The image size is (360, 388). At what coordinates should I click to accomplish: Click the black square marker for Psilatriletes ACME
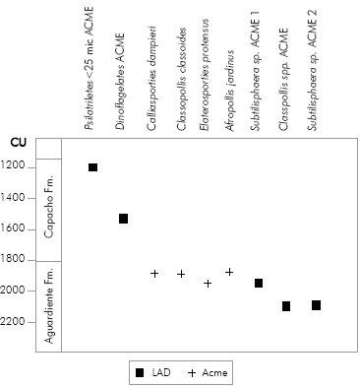pyautogui.click(x=93, y=167)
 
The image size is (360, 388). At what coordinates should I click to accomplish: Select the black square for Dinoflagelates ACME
pyautogui.click(x=124, y=219)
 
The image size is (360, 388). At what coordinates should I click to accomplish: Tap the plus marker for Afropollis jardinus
pyautogui.click(x=229, y=272)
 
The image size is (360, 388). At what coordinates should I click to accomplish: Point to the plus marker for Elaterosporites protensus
pyautogui.click(x=208, y=284)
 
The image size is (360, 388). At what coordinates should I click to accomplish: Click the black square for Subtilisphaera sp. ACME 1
pyautogui.click(x=259, y=284)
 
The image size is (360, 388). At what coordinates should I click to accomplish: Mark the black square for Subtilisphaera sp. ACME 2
pyautogui.click(x=316, y=305)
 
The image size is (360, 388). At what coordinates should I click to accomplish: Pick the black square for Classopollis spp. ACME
pyautogui.click(x=286, y=306)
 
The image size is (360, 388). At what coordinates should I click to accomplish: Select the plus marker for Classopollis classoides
pyautogui.click(x=181, y=274)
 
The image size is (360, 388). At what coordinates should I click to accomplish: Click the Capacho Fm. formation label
pyautogui.click(x=49, y=210)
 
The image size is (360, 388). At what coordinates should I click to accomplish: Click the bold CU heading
pyautogui.click(x=18, y=144)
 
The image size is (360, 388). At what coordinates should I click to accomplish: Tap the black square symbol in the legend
pyautogui.click(x=140, y=372)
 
